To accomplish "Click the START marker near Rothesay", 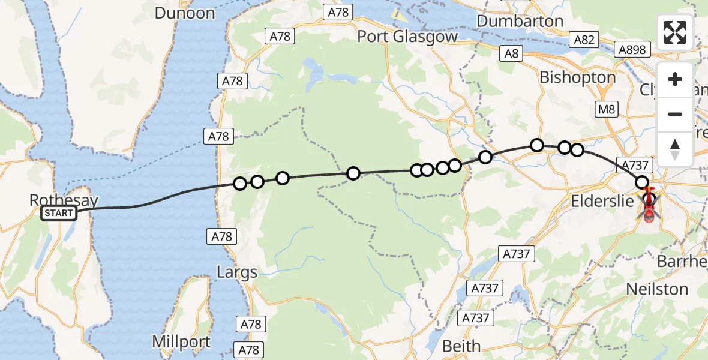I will tap(59, 213).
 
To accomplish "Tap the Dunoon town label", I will tap(184, 13).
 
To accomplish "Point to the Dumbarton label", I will tap(520, 21).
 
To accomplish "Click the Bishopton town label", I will tap(577, 77).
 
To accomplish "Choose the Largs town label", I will tap(237, 272).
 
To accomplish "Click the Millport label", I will tap(181, 342).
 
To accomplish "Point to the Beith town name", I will tap(461, 346).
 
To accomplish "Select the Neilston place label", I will tap(657, 289).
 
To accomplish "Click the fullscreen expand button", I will tap(675, 32).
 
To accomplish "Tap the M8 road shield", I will tap(604, 109).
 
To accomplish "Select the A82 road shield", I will tap(584, 40).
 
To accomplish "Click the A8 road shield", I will tap(511, 53).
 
